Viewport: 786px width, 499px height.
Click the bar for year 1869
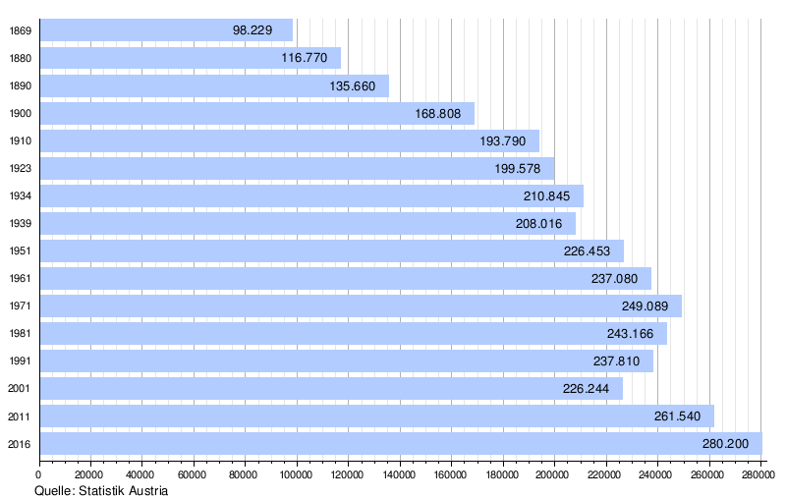point(167,30)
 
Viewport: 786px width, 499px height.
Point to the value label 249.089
point(646,305)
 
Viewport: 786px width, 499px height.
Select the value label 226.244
point(587,388)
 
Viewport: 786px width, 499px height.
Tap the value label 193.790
point(503,140)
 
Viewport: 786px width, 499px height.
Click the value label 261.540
point(677,416)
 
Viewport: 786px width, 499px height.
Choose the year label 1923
point(20,168)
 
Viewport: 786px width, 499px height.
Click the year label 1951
point(20,250)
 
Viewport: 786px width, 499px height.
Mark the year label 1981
point(20,333)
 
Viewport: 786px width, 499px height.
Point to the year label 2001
point(20,388)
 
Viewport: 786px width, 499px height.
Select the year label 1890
point(20,85)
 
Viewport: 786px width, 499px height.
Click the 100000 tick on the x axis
point(297,474)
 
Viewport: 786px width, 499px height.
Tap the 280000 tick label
point(758,474)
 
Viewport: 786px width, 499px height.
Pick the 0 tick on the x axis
point(39,474)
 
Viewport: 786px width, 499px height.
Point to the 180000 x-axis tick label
point(502,474)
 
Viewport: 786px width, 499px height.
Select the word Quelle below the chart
point(55,490)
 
